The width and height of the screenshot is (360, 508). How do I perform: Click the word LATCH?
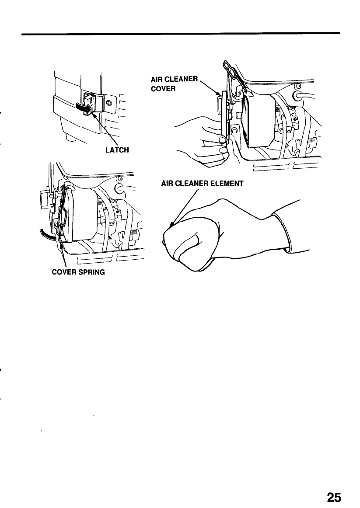(118, 150)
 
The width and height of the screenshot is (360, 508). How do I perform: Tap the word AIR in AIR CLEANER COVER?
(156, 80)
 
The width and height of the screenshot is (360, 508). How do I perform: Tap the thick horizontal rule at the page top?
(180, 33)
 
